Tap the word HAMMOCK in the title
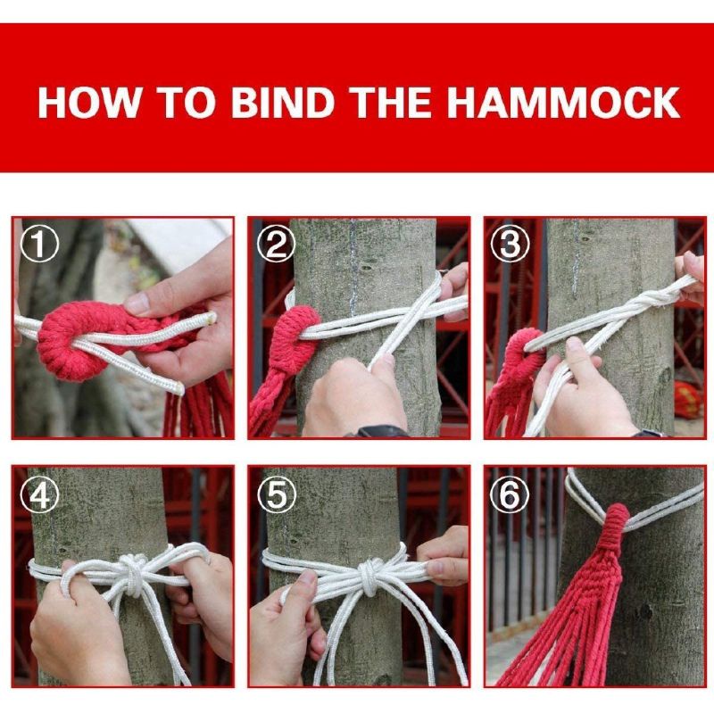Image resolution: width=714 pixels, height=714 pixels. [564, 103]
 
